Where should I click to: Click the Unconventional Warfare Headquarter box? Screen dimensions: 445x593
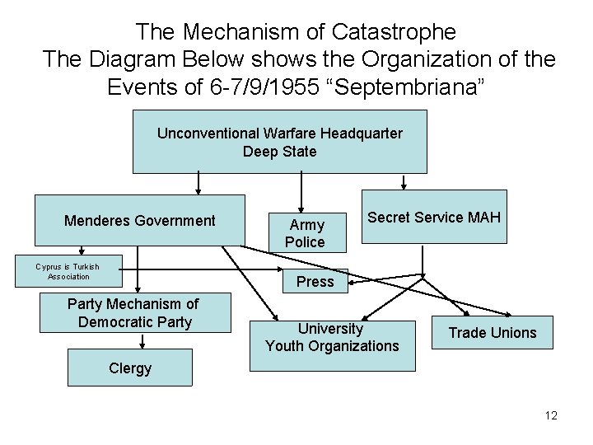pyautogui.click(x=280, y=141)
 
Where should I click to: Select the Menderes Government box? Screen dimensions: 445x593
pyautogui.click(x=139, y=220)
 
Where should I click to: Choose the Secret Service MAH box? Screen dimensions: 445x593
pyautogui.click(x=434, y=218)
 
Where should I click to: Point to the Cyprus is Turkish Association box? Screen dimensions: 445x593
pyautogui.click(x=68, y=270)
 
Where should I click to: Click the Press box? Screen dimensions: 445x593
pyautogui.click(x=315, y=282)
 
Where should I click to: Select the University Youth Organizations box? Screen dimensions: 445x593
pyautogui.click(x=331, y=337)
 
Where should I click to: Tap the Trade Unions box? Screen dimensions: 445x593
pyautogui.click(x=492, y=333)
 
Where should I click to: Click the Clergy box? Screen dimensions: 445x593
pyautogui.click(x=130, y=368)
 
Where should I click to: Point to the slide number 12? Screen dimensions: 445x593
pyautogui.click(x=550, y=415)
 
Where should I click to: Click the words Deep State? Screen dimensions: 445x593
pyautogui.click(x=280, y=152)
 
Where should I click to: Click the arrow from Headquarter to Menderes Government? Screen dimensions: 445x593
pyautogui.click(x=198, y=182)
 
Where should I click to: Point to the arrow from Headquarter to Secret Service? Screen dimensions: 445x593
pyautogui.click(x=403, y=180)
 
